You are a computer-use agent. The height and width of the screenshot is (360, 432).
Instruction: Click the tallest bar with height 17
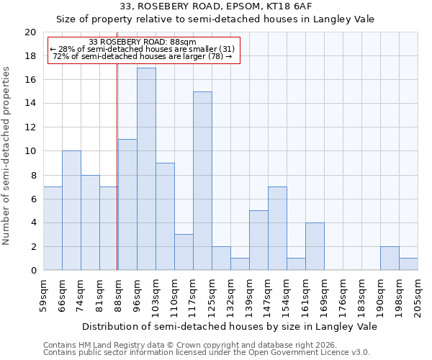click(146, 169)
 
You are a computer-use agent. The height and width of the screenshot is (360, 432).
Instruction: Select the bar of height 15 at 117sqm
click(202, 181)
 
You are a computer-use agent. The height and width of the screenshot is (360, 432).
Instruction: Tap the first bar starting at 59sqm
click(53, 228)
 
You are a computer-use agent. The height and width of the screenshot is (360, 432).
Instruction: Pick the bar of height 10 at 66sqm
click(71, 210)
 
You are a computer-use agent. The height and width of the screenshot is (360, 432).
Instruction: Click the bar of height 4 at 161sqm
click(315, 246)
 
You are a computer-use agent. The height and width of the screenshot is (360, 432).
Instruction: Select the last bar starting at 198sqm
click(408, 264)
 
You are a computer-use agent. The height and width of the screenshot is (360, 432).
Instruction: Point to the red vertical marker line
click(117, 166)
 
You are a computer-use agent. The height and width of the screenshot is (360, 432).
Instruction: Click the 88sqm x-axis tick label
click(119, 293)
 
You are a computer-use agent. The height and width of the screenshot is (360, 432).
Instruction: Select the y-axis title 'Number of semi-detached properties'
click(7, 156)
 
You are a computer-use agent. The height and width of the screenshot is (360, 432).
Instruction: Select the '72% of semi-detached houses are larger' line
click(142, 56)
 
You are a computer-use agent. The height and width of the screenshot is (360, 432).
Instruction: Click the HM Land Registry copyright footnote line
click(189, 345)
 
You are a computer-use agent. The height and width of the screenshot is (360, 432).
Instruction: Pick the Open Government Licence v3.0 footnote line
click(206, 352)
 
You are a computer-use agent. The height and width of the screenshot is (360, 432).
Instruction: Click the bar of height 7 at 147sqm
click(277, 228)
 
